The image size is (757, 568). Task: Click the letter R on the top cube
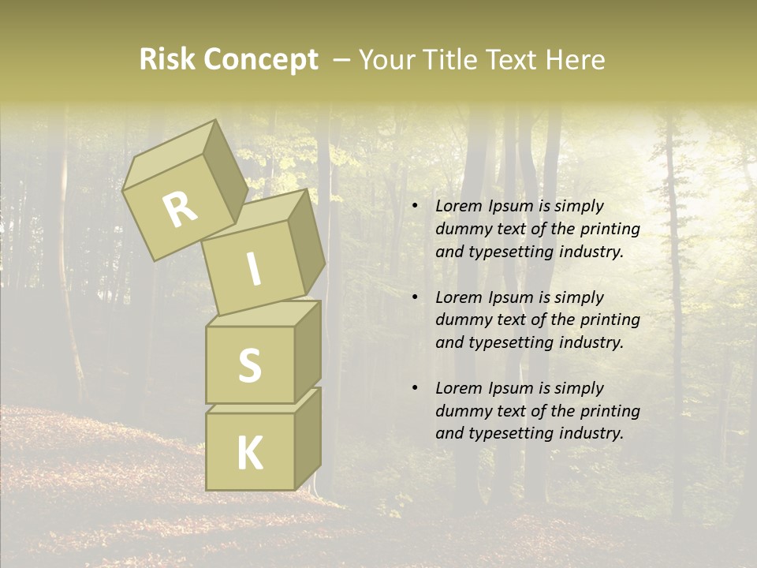pyautogui.click(x=181, y=209)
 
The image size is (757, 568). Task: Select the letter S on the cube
pyautogui.click(x=249, y=365)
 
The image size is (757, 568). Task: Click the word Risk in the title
pyautogui.click(x=167, y=60)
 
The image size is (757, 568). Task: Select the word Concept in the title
pyautogui.click(x=260, y=60)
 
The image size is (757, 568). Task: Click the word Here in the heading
pyautogui.click(x=576, y=60)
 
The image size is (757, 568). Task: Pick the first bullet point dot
pyautogui.click(x=415, y=207)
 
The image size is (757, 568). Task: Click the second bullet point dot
pyautogui.click(x=415, y=298)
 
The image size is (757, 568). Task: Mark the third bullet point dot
pyautogui.click(x=415, y=389)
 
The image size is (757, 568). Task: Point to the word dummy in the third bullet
pyautogui.click(x=461, y=411)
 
